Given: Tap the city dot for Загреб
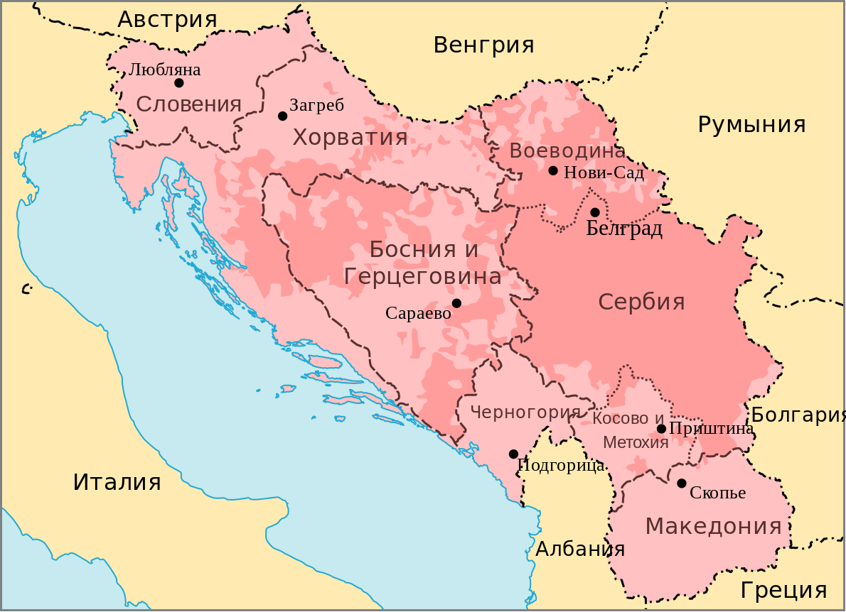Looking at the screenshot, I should pyautogui.click(x=282, y=116).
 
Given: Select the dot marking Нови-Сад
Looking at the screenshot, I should pyautogui.click(x=553, y=170).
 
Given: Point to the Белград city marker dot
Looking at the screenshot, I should pyautogui.click(x=595, y=212).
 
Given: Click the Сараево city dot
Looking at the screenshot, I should pyautogui.click(x=456, y=303).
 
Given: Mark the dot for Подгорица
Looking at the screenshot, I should pyautogui.click(x=513, y=454).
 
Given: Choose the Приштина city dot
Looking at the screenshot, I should pyautogui.click(x=661, y=428).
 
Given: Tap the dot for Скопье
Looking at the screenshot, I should pyautogui.click(x=681, y=483).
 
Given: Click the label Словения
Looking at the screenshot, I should pyautogui.click(x=189, y=105).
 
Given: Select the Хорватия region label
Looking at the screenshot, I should pyautogui.click(x=350, y=138).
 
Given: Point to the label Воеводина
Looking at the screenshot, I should pyautogui.click(x=567, y=151).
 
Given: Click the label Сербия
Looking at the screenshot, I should pyautogui.click(x=641, y=302).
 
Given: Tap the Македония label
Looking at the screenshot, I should pyautogui.click(x=713, y=527).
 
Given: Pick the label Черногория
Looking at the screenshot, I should pyautogui.click(x=525, y=412).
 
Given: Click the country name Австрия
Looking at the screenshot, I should pyautogui.click(x=167, y=20).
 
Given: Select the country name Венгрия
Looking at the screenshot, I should pyautogui.click(x=483, y=45).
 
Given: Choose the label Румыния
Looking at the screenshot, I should pyautogui.click(x=751, y=125).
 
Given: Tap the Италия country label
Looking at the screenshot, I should pyautogui.click(x=117, y=483).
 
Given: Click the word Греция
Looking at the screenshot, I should pyautogui.click(x=783, y=590).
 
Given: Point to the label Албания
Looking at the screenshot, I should pyautogui.click(x=580, y=549).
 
